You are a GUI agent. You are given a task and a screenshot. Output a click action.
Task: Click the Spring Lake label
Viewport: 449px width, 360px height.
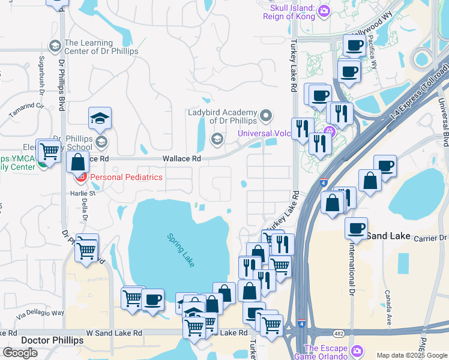[181, 250]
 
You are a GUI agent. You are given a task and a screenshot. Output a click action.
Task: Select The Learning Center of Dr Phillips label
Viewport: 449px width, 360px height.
[101, 47]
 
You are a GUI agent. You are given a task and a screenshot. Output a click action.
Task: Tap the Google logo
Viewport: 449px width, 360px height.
[20, 353]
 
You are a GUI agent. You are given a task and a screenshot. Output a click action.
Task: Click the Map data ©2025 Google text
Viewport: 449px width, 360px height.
[412, 355]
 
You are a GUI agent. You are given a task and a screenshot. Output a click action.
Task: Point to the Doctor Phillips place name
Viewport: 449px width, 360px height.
[52, 340]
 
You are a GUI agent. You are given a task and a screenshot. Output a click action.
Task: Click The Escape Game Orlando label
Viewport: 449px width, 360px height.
[326, 352]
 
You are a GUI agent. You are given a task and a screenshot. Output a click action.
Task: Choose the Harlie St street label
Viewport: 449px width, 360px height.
[83, 193]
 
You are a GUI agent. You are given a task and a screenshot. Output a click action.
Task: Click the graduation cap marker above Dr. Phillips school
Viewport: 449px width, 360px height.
[100, 119]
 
